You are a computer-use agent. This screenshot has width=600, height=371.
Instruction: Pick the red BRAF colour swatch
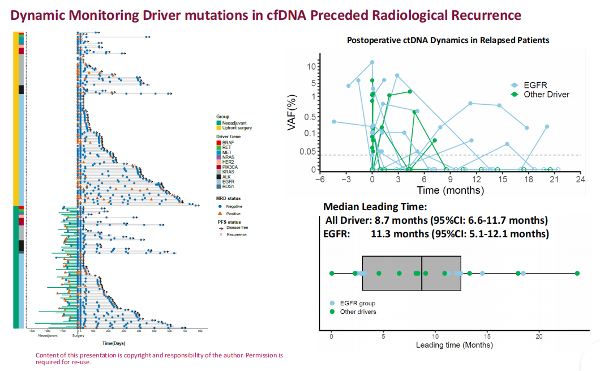(x=218, y=142)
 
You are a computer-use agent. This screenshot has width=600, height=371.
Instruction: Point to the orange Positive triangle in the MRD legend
(x=218, y=214)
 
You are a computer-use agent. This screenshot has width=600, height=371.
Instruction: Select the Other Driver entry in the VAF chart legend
(x=546, y=94)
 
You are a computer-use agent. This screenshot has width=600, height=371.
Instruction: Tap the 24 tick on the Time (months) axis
(x=580, y=179)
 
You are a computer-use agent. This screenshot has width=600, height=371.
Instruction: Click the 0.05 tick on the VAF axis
(x=306, y=152)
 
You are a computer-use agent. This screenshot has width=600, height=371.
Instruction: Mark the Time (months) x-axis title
(x=450, y=190)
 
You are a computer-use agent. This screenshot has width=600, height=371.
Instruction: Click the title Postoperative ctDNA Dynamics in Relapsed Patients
(x=448, y=40)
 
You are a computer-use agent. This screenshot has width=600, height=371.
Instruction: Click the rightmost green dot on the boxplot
(x=577, y=274)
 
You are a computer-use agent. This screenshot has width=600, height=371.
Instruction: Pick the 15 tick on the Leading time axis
(x=487, y=336)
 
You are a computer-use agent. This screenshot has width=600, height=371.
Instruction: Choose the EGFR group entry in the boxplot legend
(x=357, y=304)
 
